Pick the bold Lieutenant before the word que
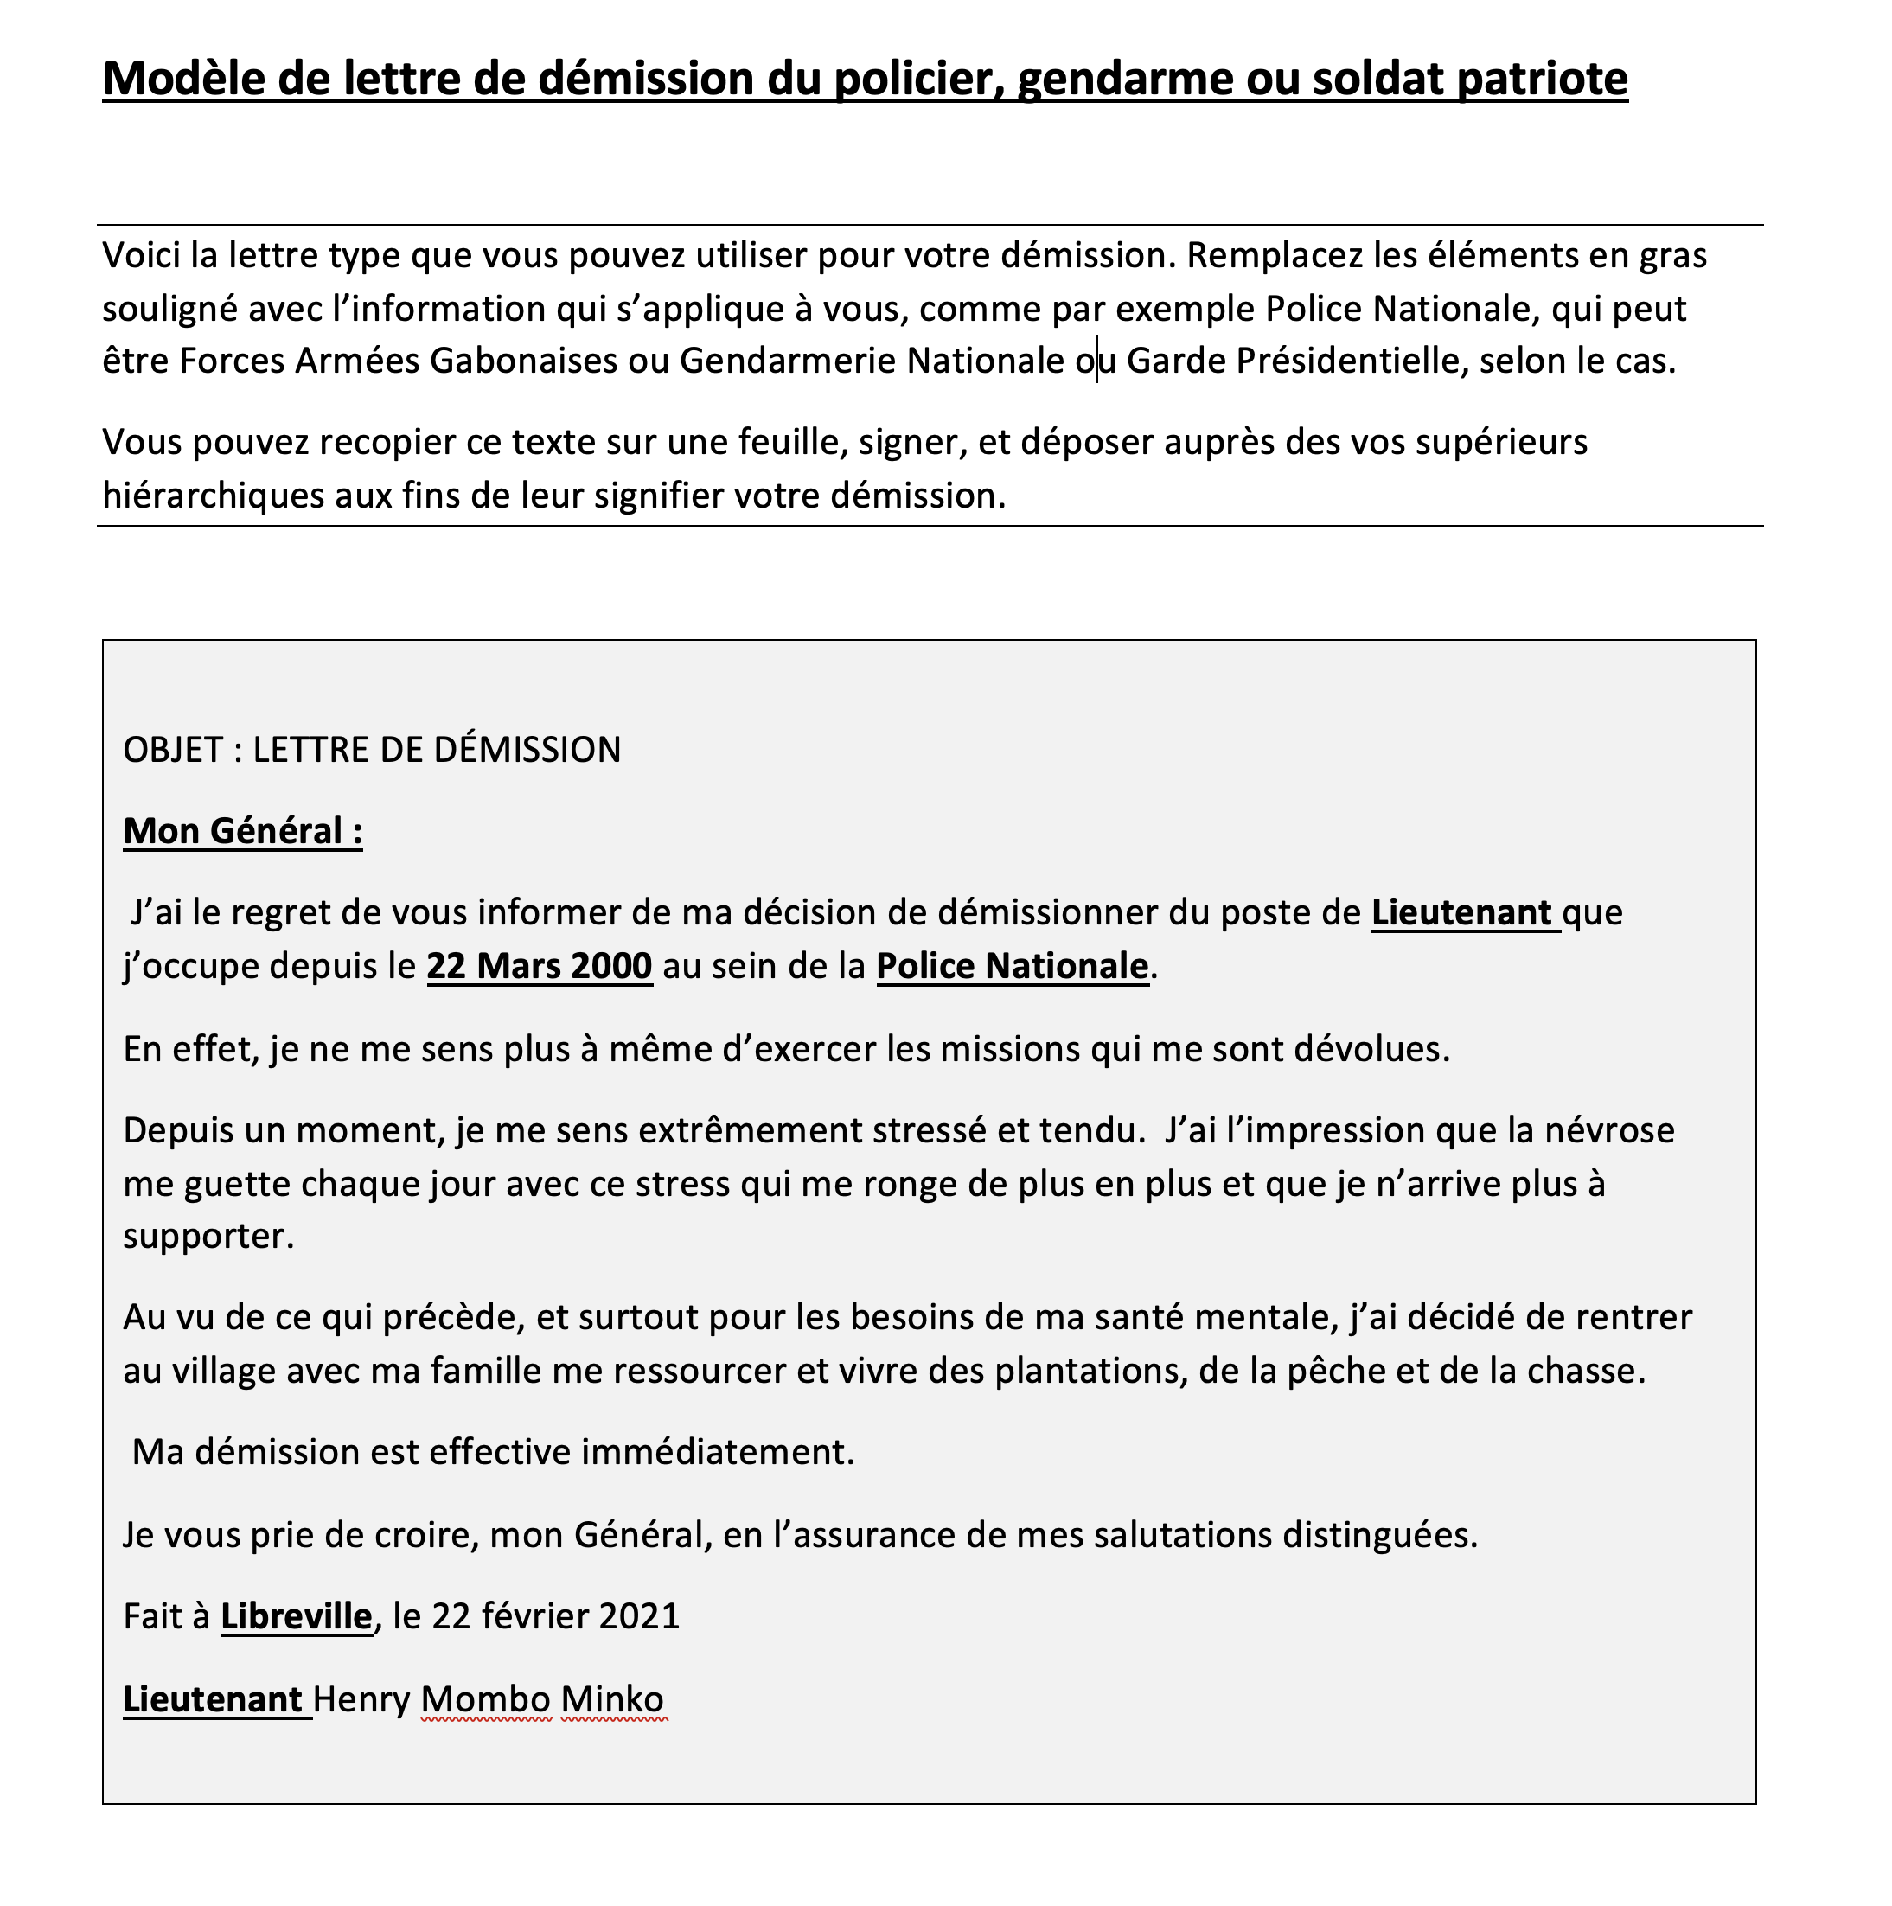[1462, 912]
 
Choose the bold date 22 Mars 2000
[540, 965]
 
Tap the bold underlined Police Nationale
[1012, 965]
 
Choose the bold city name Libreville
[296, 1617]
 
